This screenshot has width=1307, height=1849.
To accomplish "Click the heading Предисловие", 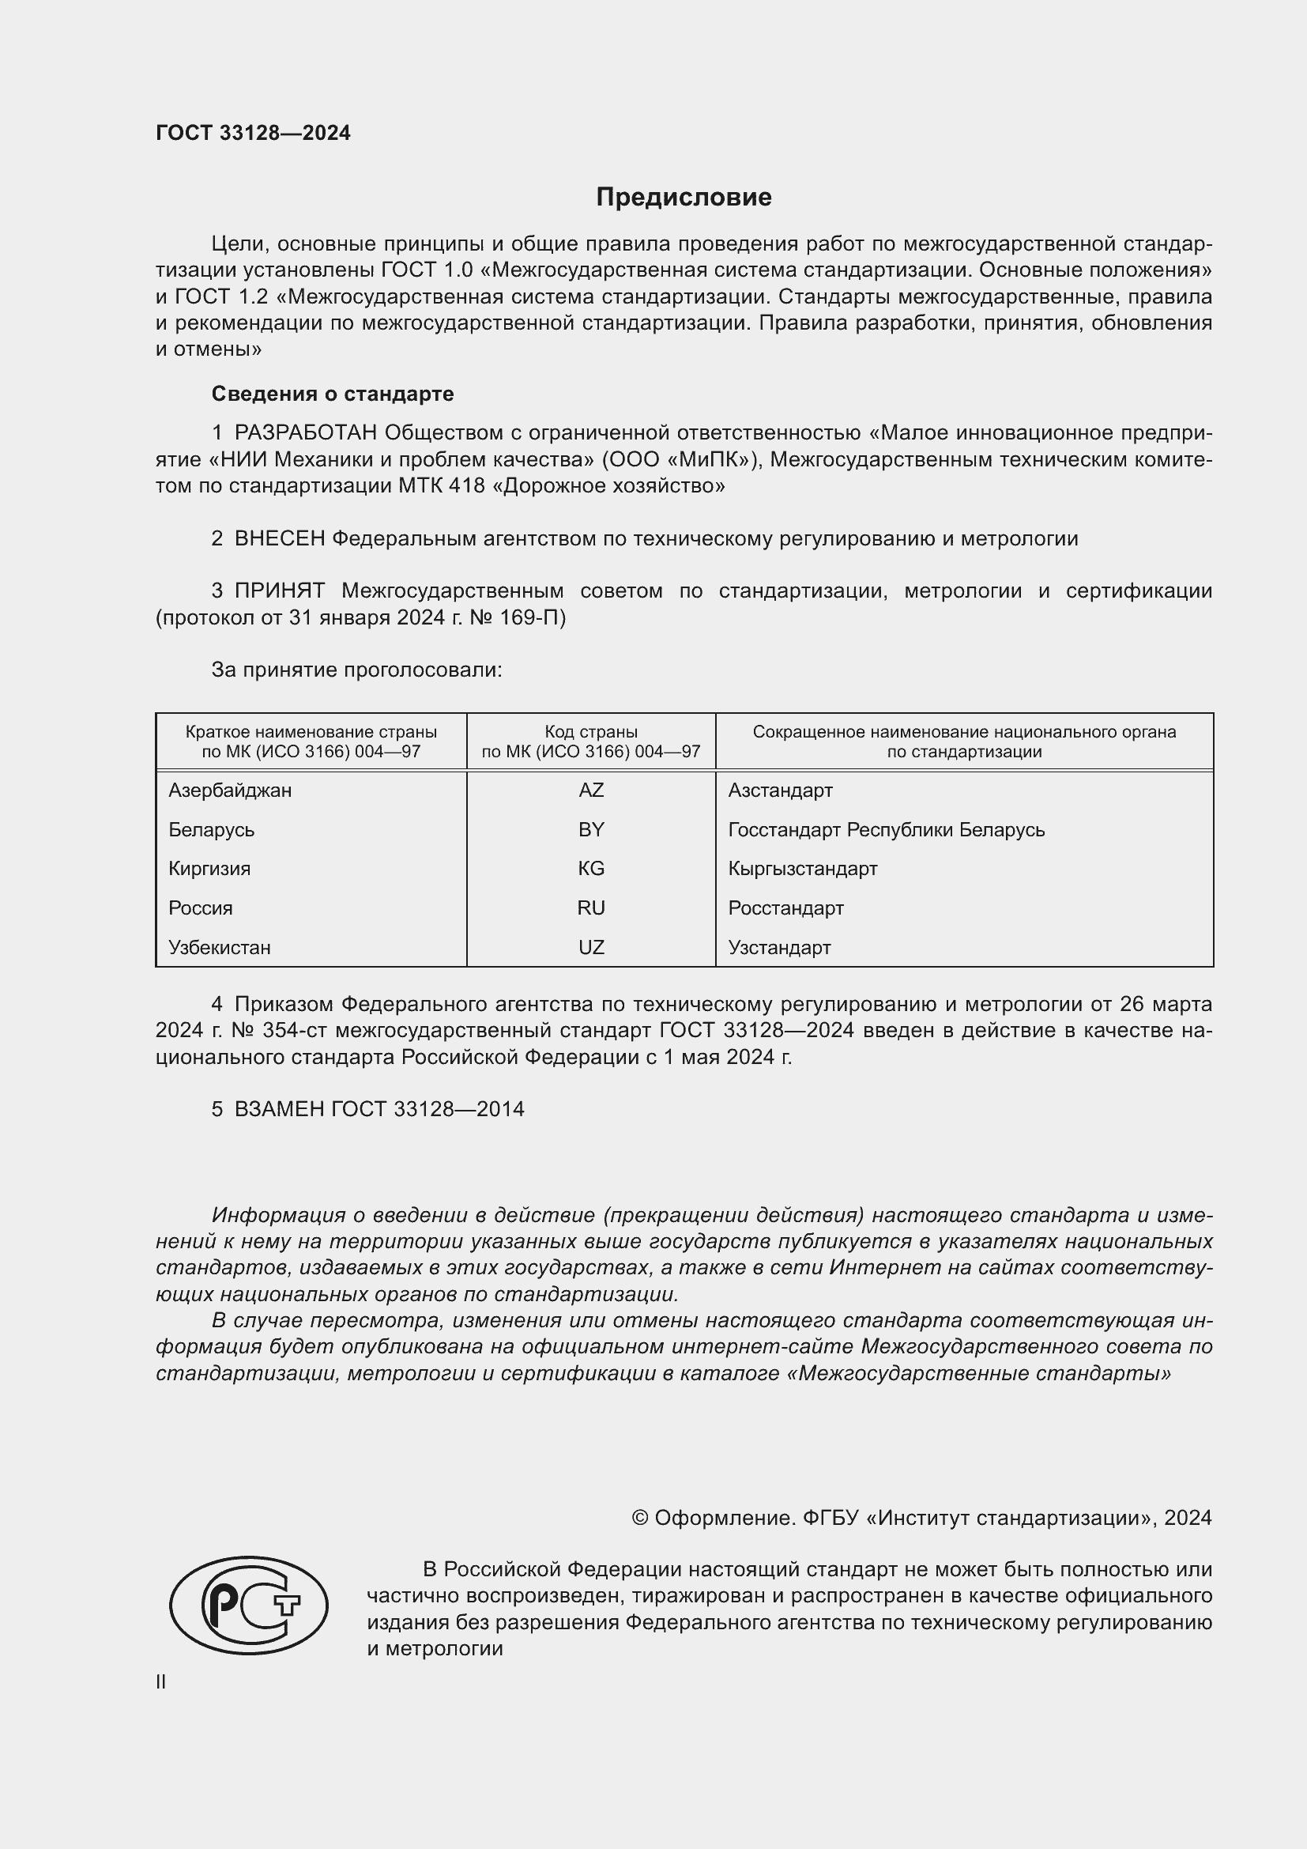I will click(684, 198).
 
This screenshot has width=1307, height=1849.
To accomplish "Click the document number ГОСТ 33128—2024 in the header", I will click(254, 133).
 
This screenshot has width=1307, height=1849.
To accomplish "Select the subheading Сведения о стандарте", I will click(333, 394).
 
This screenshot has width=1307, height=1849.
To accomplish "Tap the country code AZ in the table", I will click(591, 790).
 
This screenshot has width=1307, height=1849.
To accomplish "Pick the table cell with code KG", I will click(591, 868).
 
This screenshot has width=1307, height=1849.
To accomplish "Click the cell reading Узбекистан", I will click(220, 947).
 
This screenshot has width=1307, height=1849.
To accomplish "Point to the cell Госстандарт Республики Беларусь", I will click(886, 829).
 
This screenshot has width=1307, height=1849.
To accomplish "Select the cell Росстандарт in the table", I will click(785, 908).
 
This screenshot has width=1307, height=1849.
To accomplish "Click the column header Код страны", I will click(591, 732).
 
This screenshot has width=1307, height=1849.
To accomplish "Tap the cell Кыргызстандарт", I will click(802, 868).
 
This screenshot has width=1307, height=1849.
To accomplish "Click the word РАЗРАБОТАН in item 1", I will click(306, 433).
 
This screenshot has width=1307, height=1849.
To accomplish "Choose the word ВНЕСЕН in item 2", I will click(279, 539).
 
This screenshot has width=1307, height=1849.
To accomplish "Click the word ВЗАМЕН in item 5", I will click(278, 1109).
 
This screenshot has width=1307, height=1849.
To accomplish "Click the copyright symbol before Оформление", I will click(640, 1518).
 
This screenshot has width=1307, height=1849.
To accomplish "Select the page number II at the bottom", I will click(161, 1681).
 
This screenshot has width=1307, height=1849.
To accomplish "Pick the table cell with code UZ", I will click(591, 947).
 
